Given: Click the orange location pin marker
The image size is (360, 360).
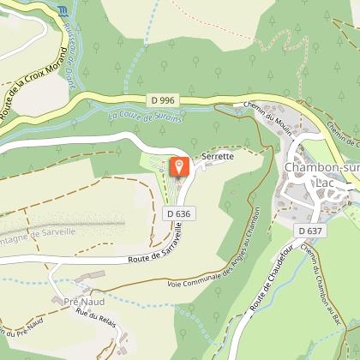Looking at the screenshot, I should pos(180,165).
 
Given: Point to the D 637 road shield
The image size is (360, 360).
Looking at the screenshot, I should pos(309,231).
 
